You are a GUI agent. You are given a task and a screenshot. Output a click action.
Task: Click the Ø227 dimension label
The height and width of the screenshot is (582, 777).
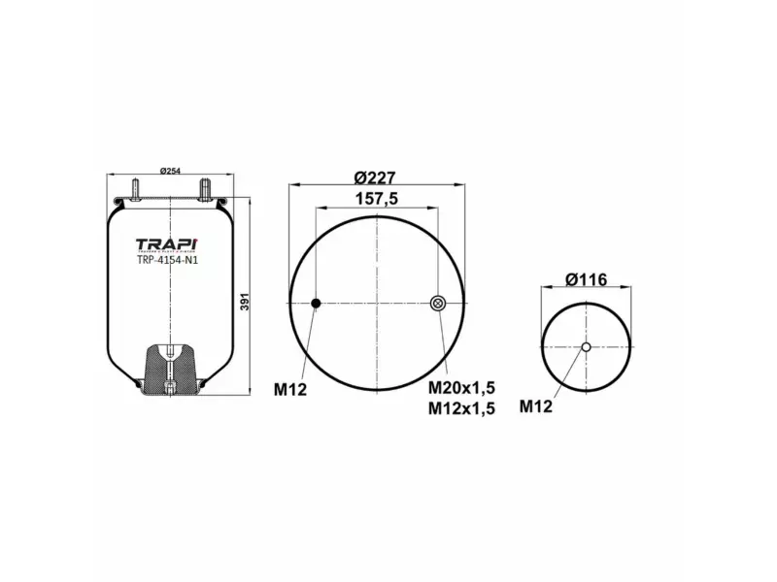376,177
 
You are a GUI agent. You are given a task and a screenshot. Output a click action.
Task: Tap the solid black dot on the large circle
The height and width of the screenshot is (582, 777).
316,305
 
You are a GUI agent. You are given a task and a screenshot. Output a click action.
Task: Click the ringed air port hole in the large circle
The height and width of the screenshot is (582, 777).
437,305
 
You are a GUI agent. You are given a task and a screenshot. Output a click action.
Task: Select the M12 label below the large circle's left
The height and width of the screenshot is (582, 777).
290,390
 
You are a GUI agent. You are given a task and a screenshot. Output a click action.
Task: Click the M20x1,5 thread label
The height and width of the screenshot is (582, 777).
461,388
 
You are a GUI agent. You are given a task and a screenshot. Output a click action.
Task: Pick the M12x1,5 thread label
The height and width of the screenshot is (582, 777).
461,408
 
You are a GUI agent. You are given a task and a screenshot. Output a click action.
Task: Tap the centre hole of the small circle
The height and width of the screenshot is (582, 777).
587,348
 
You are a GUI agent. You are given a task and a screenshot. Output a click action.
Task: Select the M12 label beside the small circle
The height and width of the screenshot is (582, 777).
535,406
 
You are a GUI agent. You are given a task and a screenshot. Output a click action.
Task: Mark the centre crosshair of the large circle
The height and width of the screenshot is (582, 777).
376,305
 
